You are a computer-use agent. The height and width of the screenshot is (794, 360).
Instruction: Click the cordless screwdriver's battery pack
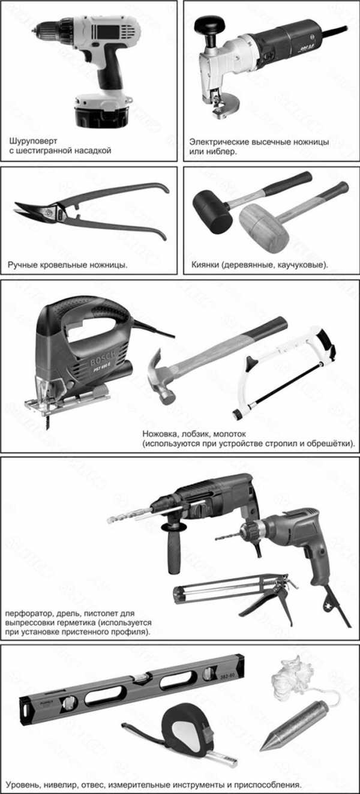[x=101, y=110]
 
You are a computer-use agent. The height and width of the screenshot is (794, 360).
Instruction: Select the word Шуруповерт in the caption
[x=33, y=141]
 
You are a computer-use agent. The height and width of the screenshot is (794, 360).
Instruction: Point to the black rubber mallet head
[x=212, y=211]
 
